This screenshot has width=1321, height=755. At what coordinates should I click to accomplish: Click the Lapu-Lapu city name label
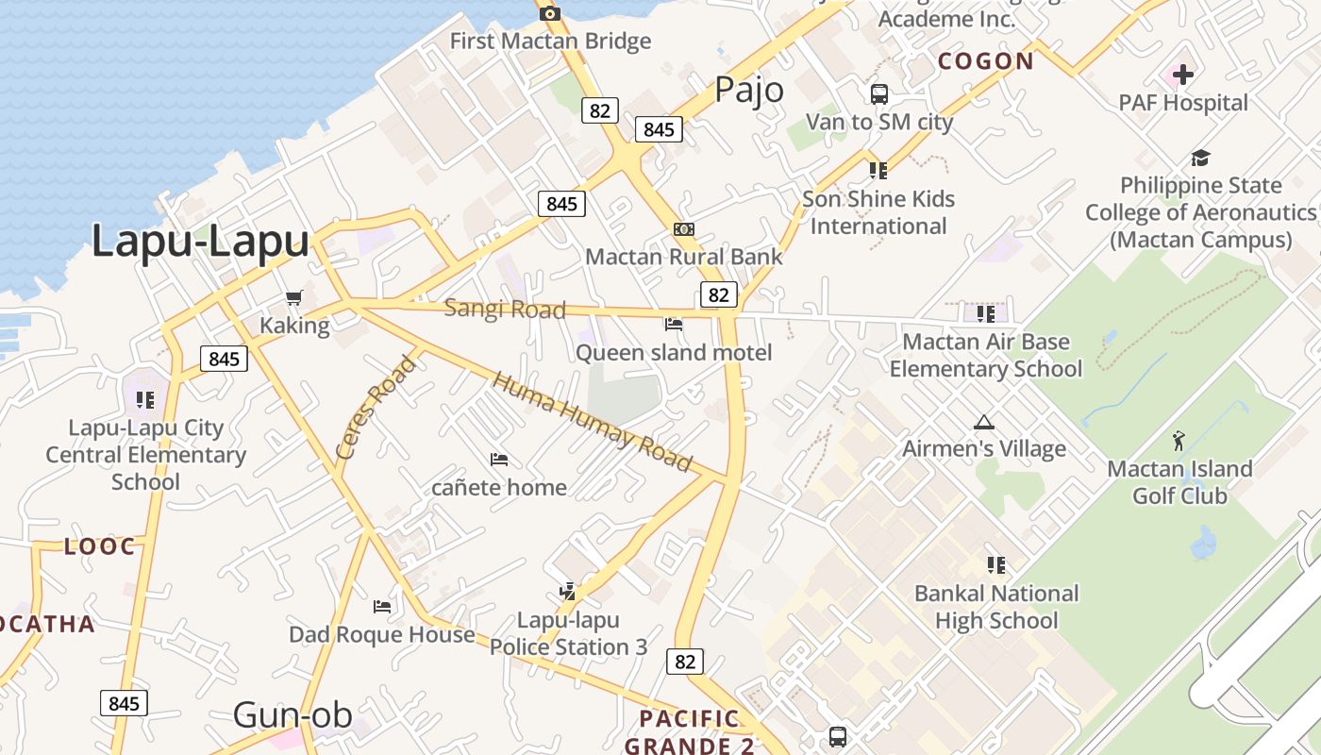pyautogui.click(x=200, y=241)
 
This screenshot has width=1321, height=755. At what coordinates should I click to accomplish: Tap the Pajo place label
pyautogui.click(x=749, y=90)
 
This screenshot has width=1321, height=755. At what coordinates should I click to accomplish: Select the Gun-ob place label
pyautogui.click(x=293, y=715)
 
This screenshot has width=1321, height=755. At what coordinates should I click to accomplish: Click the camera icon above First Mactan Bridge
pyautogui.click(x=550, y=12)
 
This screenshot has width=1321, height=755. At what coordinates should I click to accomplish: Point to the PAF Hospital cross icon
pyautogui.click(x=1183, y=74)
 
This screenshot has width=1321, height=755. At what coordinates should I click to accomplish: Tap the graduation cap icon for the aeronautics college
pyautogui.click(x=1200, y=158)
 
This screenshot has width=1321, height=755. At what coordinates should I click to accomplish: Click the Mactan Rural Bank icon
pyautogui.click(x=684, y=229)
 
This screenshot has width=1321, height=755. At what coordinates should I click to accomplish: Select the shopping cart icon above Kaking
pyautogui.click(x=294, y=298)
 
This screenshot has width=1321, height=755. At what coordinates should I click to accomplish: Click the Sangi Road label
pyautogui.click(x=505, y=309)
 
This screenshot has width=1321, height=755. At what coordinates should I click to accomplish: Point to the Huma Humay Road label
pyautogui.click(x=593, y=422)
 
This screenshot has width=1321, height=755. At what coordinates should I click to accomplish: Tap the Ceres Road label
pyautogui.click(x=376, y=407)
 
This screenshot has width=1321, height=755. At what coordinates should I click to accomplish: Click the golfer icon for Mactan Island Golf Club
pyautogui.click(x=1179, y=440)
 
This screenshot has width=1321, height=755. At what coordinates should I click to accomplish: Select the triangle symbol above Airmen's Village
pyautogui.click(x=984, y=422)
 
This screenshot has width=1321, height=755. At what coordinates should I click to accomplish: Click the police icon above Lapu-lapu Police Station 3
pyautogui.click(x=567, y=592)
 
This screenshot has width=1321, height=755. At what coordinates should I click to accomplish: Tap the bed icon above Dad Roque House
pyautogui.click(x=382, y=606)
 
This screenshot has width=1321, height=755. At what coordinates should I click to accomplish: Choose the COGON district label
pyautogui.click(x=986, y=61)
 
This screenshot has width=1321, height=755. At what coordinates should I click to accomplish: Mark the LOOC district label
pyautogui.click(x=100, y=546)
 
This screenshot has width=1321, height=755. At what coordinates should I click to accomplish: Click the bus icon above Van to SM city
pyautogui.click(x=879, y=94)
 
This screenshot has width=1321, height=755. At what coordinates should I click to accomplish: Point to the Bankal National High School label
pyautogui.click(x=996, y=607)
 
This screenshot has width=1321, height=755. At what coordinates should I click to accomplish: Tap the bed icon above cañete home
pyautogui.click(x=499, y=460)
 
